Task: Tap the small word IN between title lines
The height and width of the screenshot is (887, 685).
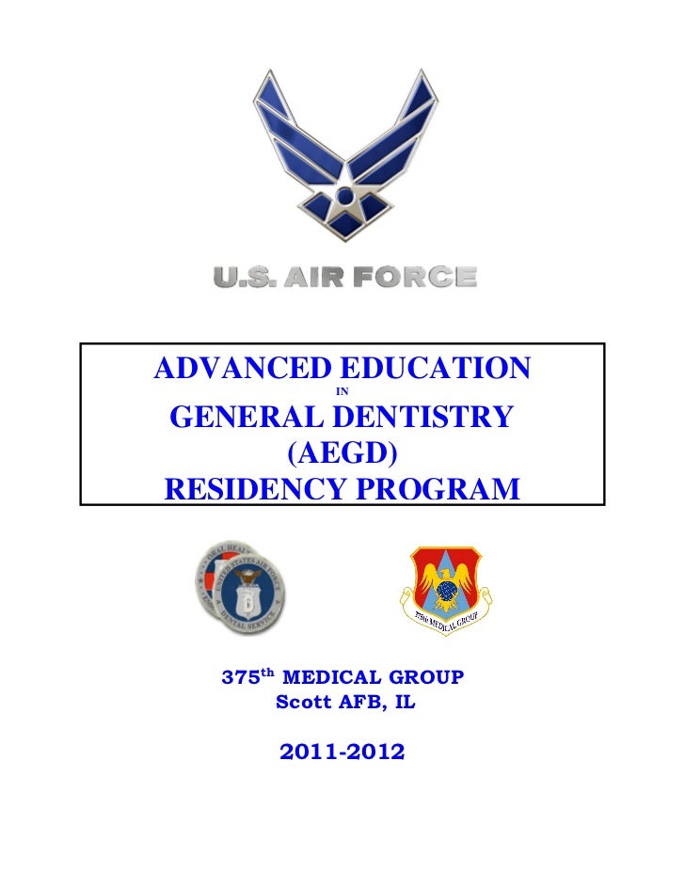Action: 342,389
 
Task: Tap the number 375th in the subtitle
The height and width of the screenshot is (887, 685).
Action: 247,676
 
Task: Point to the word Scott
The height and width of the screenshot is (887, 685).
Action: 299,702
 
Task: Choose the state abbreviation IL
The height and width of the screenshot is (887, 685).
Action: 397,702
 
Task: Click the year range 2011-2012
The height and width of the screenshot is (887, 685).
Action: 342,752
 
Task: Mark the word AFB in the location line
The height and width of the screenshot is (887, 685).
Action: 353,702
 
